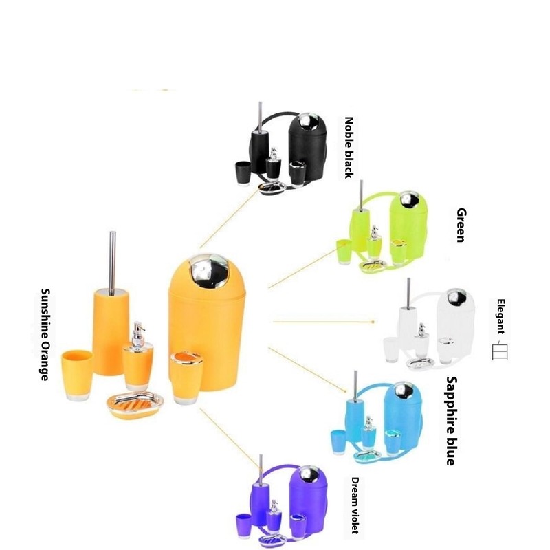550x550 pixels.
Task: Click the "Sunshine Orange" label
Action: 45,334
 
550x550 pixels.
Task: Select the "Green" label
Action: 460,225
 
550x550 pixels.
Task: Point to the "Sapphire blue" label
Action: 451,421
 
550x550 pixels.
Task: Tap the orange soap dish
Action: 135,404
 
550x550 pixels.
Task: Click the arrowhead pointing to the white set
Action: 371,321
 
